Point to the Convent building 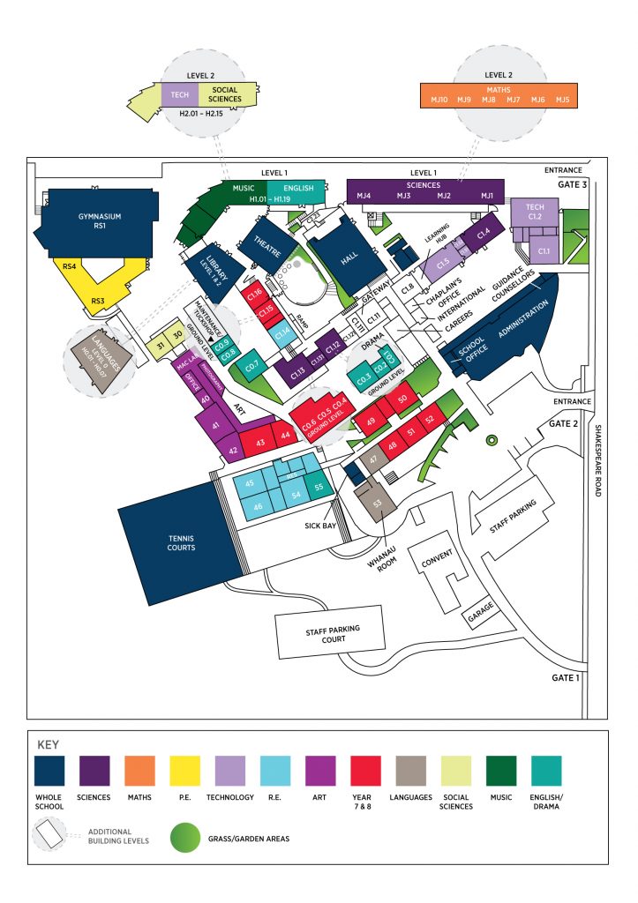[x=438, y=561]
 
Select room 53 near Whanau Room [x=378, y=504]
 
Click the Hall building [x=348, y=257]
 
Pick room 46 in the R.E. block [x=258, y=506]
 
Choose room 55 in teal [x=319, y=487]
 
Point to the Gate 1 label [x=566, y=676]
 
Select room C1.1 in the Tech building [x=544, y=251]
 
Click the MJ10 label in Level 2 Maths [x=439, y=101]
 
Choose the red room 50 [x=402, y=399]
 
